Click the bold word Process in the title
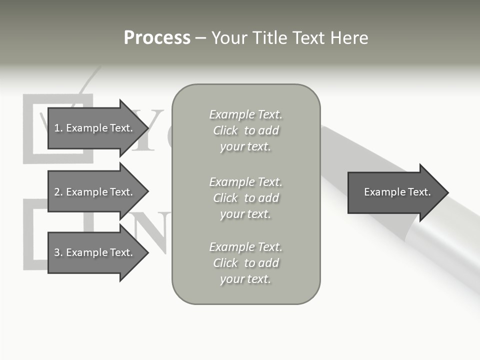point(157,38)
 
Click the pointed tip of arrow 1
point(147,128)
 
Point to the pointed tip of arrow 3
point(147,252)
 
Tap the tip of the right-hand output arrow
point(447,192)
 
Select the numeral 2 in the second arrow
point(57,192)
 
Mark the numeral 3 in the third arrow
point(57,252)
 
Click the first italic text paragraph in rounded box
point(245,130)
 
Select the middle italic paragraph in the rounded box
point(245,198)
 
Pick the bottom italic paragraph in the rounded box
point(245,263)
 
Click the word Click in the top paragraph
point(225,130)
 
